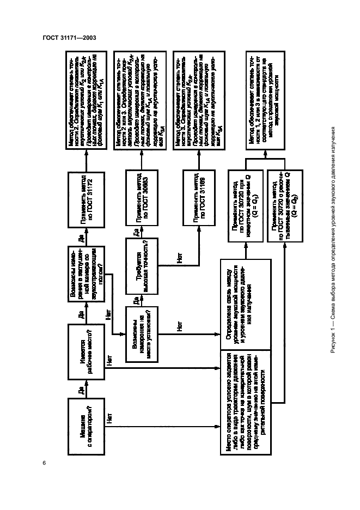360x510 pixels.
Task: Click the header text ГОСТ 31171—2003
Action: click(x=65, y=37)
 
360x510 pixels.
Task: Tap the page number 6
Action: click(x=43, y=463)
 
